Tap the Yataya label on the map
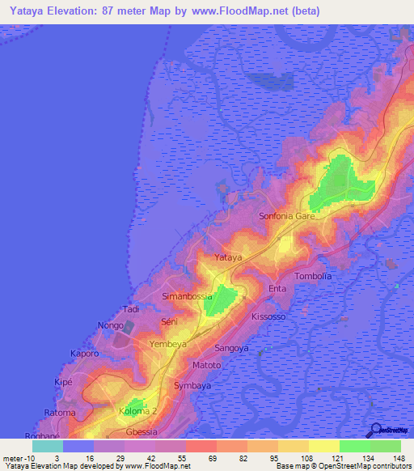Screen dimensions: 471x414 pos(228,257)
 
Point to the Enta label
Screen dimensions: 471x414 pos(277,289)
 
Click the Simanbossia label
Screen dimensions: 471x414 pos(188,297)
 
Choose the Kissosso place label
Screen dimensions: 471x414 pos(268,316)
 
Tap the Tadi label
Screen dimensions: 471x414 pos(131,309)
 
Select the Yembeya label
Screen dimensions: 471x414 pos(169,344)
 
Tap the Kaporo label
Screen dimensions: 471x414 pos(84,354)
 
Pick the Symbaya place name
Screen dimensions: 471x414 pos(193,386)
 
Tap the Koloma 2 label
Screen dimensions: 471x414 pos(138,411)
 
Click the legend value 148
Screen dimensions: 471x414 pos(400,458)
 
